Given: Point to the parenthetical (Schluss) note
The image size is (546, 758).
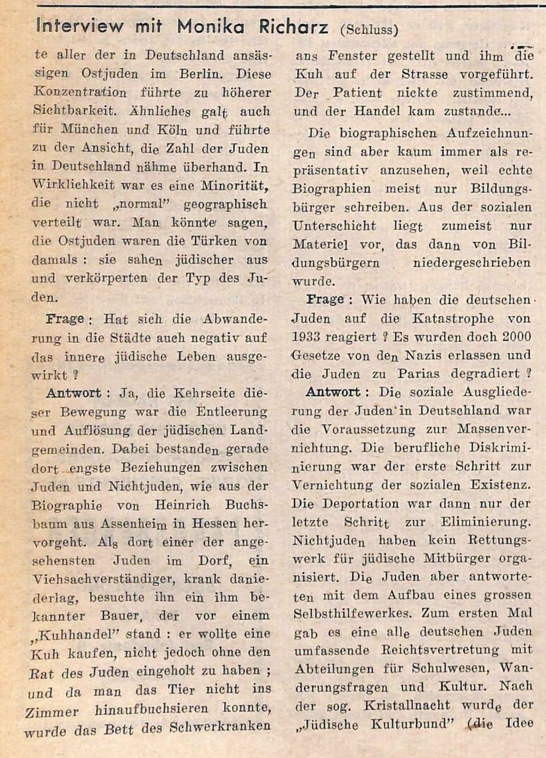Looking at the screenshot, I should coord(369,29).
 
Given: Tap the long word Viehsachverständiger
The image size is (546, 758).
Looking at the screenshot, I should coord(98,579).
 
